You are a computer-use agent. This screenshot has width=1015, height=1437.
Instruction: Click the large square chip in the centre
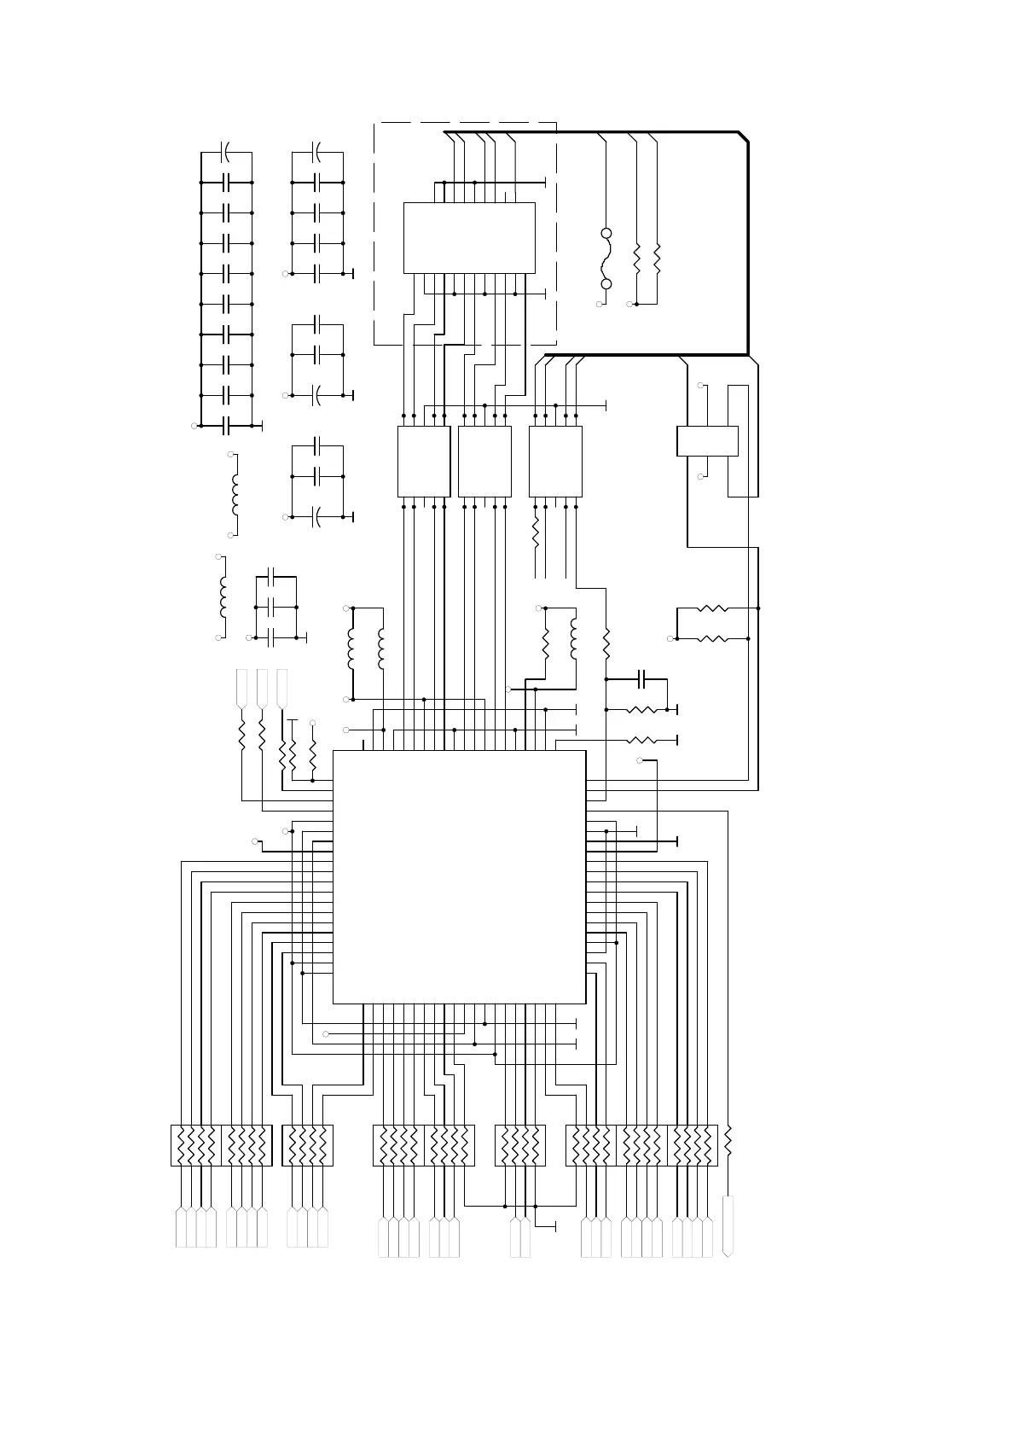coord(459,876)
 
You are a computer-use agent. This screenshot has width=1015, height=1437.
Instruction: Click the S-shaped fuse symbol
coord(607,259)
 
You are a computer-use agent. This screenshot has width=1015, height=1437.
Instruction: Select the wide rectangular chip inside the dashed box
coord(469,237)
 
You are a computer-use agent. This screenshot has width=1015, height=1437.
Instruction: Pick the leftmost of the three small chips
coord(424,461)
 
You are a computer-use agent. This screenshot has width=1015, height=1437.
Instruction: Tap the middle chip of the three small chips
coord(484,461)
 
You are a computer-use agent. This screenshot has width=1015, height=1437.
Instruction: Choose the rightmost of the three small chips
coord(555,461)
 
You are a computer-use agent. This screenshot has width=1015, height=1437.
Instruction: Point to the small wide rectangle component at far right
coord(707,441)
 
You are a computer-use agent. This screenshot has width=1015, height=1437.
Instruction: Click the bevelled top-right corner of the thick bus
coord(743,137)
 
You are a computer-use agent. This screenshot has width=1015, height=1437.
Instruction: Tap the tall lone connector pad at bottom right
coord(728,1225)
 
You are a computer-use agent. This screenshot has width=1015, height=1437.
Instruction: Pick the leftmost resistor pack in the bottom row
coord(196,1145)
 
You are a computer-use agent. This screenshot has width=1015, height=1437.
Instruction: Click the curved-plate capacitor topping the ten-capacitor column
coord(227,153)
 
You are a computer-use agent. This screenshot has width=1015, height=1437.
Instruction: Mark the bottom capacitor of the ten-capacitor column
coord(227,425)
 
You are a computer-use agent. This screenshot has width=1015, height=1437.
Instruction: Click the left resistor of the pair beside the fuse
coord(637,259)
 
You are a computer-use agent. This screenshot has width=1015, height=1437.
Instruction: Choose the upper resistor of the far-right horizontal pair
coord(711,608)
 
